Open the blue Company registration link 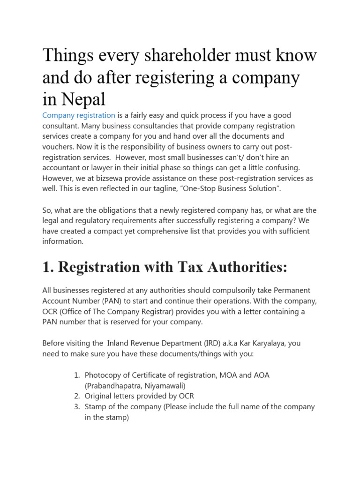[79, 115]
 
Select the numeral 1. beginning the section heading [47, 267]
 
